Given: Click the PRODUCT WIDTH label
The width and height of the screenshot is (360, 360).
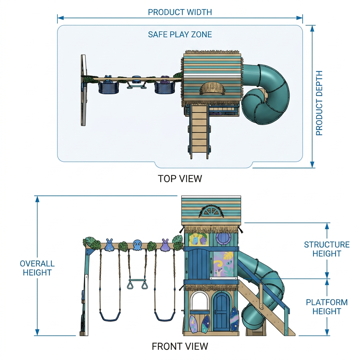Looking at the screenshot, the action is [x=180, y=12].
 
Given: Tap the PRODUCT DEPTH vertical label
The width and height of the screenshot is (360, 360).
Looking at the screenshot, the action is [x=319, y=103].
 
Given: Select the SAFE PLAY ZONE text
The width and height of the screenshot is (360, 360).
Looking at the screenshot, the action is [x=180, y=34].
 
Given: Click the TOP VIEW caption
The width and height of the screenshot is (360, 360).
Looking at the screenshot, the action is [x=180, y=178].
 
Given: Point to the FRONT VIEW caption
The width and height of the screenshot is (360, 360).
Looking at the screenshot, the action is [x=180, y=346].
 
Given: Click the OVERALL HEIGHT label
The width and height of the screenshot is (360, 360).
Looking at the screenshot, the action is [x=37, y=268].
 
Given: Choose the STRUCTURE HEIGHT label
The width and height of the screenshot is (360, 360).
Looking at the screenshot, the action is [x=327, y=249].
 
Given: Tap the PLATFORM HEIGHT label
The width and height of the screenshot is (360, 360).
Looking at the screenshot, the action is [x=327, y=307].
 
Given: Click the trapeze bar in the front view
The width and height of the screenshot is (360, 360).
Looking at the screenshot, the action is [x=137, y=281].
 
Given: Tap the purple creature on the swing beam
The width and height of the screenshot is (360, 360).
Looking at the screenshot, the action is [x=165, y=245].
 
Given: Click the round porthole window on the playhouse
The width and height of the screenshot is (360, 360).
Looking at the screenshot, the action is [x=223, y=239].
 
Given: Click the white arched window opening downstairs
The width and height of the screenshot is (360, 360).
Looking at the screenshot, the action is [x=200, y=301].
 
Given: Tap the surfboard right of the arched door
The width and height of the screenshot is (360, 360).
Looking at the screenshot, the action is [x=234, y=319].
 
